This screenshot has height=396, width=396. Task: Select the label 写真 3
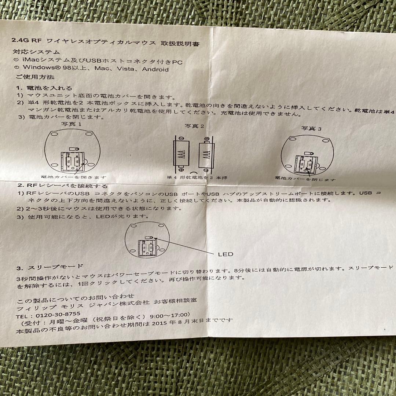[x=311, y=128]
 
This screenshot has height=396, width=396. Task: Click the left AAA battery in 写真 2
[x=182, y=155]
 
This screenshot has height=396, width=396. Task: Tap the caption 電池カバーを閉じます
[x=305, y=179]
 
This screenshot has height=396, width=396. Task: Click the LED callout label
[x=225, y=254]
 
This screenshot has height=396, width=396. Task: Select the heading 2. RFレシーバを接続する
[x=62, y=186]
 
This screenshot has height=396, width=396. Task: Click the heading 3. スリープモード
[x=50, y=266]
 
